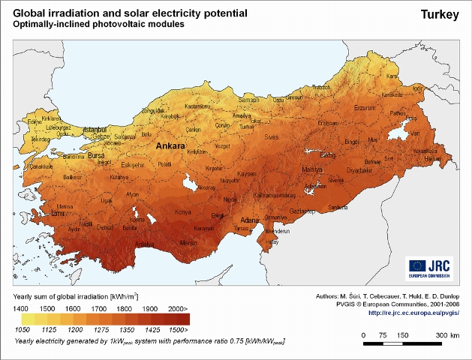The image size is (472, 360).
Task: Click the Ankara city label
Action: point(172,146)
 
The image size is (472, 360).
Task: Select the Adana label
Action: point(250,220)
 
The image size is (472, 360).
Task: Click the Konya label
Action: point(183,212)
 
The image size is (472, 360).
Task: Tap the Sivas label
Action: point(270,137)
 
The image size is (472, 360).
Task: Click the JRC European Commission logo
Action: point(429,266)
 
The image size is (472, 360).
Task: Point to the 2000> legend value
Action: point(178,309)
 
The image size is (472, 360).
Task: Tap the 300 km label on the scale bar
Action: point(447,334)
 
